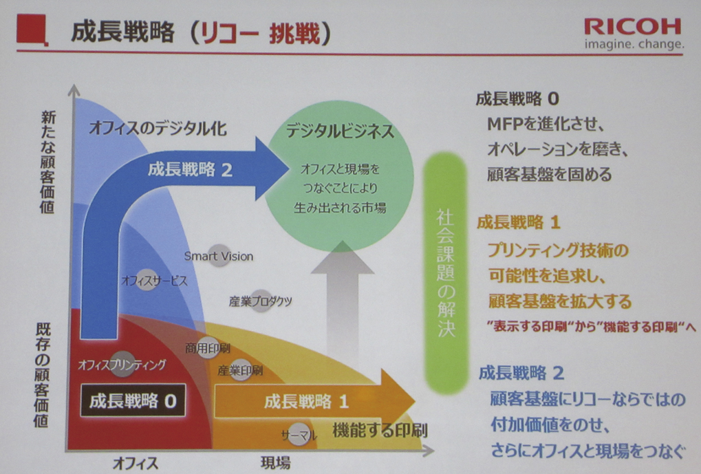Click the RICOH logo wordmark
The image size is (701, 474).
633,27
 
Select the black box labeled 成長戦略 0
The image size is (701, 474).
133,400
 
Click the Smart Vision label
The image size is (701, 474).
219,256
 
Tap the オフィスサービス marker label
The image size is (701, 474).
154,281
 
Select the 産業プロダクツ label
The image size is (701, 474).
261,301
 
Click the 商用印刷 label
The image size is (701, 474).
208,348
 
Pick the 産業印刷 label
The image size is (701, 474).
240,370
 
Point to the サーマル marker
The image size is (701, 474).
299,434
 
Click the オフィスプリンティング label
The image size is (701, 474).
122,365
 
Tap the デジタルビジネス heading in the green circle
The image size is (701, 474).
340,131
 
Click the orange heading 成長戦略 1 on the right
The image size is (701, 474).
518,222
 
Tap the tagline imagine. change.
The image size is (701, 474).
634,44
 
